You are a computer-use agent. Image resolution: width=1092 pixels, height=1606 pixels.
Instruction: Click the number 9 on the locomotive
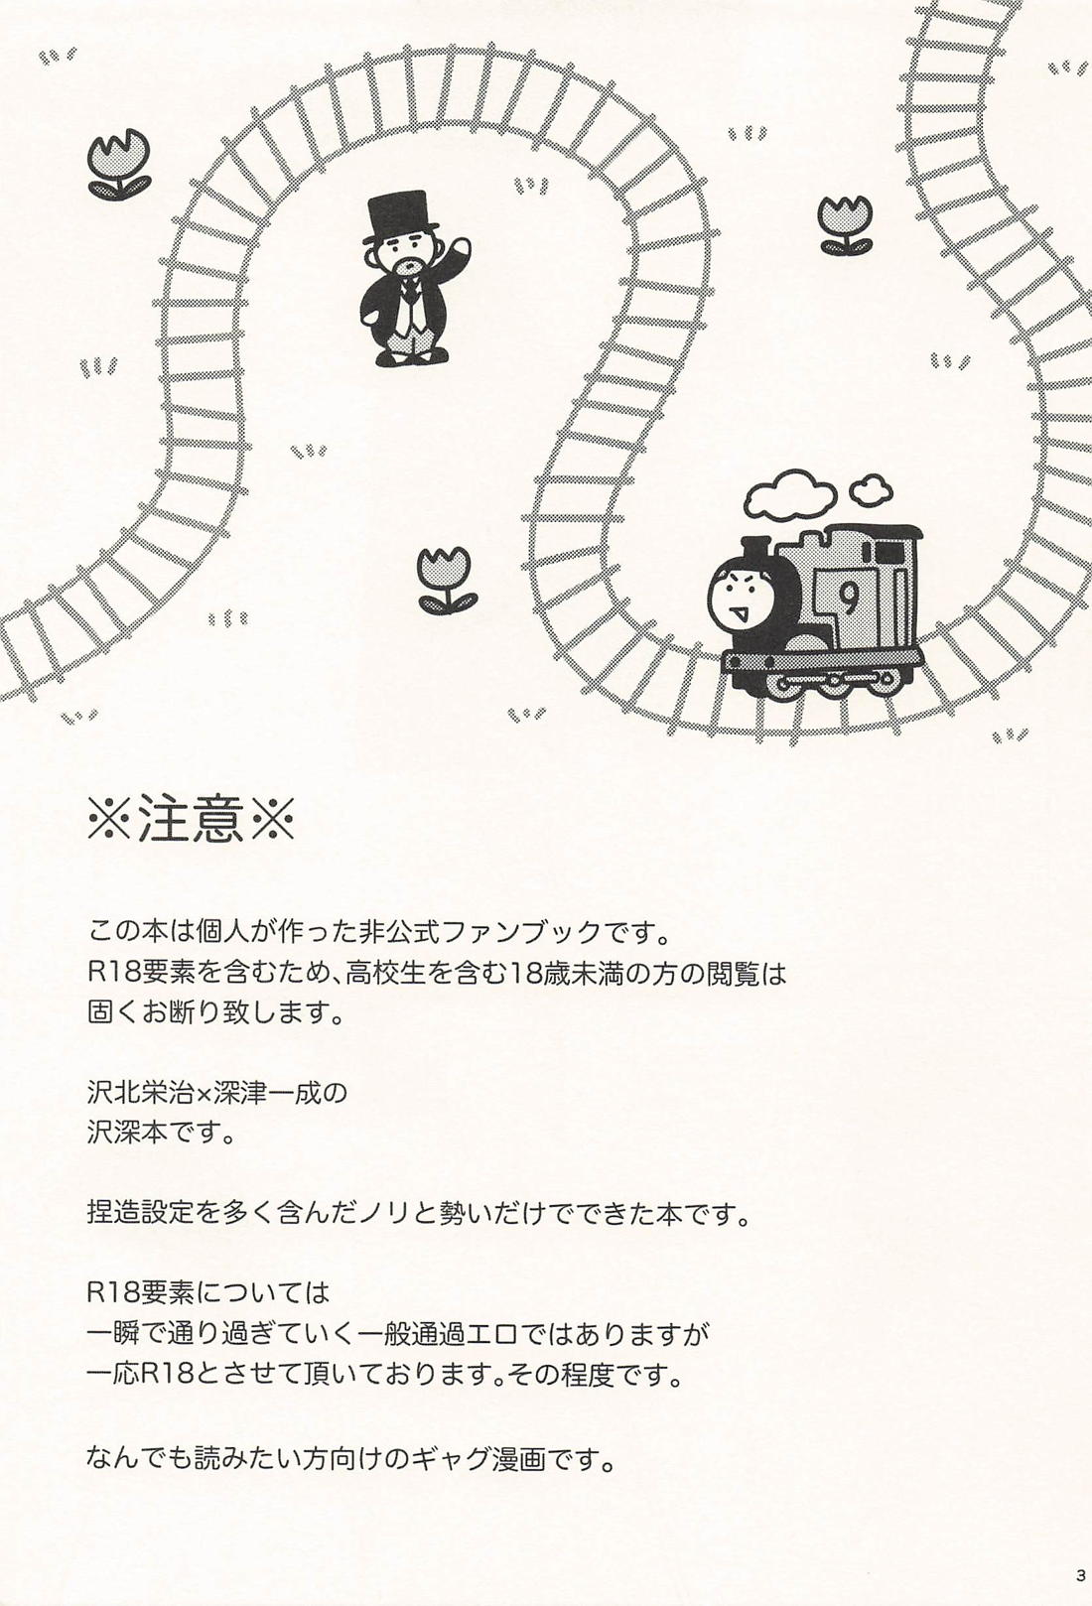[x=850, y=596]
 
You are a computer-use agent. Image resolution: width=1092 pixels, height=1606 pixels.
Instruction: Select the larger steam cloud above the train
[x=792, y=497]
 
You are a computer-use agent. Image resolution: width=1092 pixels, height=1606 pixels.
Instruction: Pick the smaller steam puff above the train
[x=870, y=487]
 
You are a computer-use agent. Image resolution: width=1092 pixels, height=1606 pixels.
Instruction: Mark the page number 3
[x=1079, y=1574]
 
